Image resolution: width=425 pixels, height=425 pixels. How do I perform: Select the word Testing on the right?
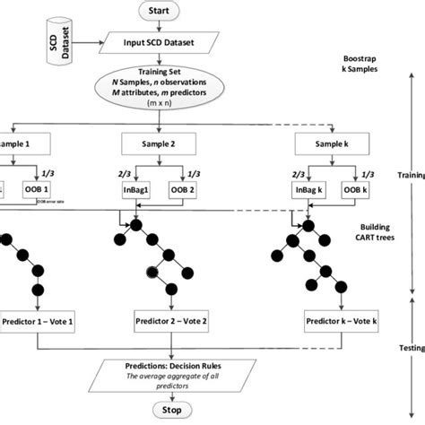pyautogui.click(x=409, y=346)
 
